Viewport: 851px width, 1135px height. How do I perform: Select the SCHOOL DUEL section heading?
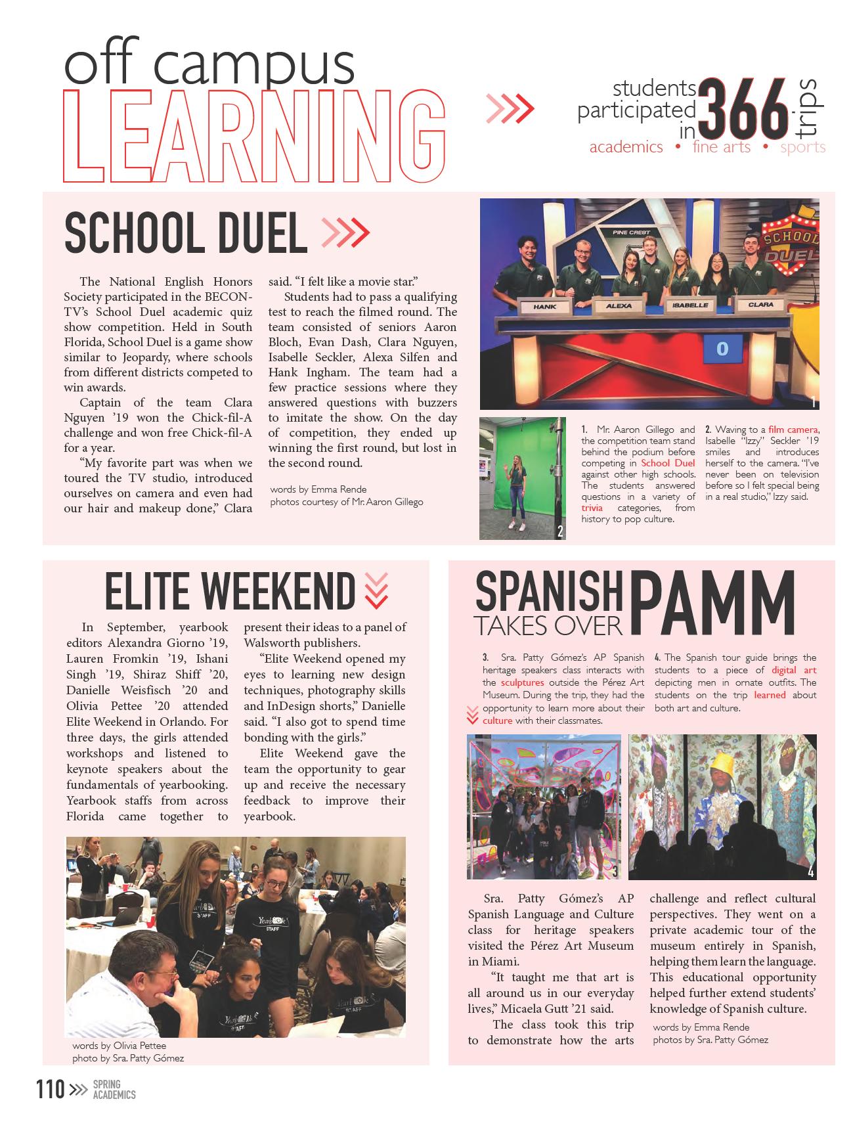[186, 233]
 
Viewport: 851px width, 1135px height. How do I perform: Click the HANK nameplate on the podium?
[544, 307]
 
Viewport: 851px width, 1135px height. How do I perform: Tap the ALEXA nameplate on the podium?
[619, 305]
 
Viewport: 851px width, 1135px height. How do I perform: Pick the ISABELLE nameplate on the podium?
[689, 305]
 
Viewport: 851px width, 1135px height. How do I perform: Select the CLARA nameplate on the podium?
[760, 305]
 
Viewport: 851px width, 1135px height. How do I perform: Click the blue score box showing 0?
[722, 349]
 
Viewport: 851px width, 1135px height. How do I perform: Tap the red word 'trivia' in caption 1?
[592, 508]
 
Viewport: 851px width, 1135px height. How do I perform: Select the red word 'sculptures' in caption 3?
[522, 682]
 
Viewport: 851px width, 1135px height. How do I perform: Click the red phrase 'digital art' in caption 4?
[794, 670]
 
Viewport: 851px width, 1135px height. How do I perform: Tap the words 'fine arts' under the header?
[721, 147]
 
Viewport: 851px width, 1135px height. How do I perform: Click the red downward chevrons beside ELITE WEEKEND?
[376, 590]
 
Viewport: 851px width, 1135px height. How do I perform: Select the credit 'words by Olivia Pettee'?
[119, 1045]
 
